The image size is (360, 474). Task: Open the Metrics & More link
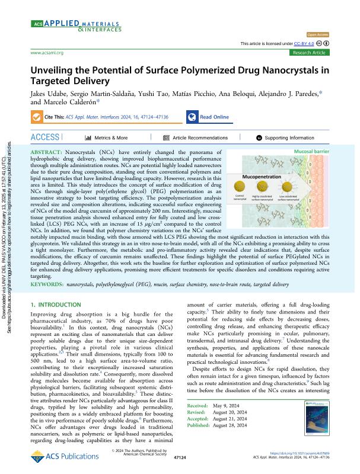106,137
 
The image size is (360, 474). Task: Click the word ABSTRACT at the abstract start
45,153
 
